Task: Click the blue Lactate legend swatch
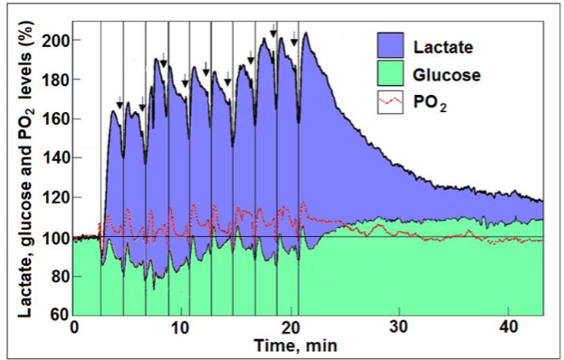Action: click(396, 44)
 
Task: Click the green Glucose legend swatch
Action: click(396, 75)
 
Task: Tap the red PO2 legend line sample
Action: click(396, 105)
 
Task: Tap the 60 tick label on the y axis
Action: click(58, 315)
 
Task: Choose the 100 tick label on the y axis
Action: click(54, 237)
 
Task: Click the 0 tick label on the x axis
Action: click(74, 327)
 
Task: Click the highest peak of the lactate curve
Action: click(307, 33)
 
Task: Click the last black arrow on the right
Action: click(293, 37)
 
